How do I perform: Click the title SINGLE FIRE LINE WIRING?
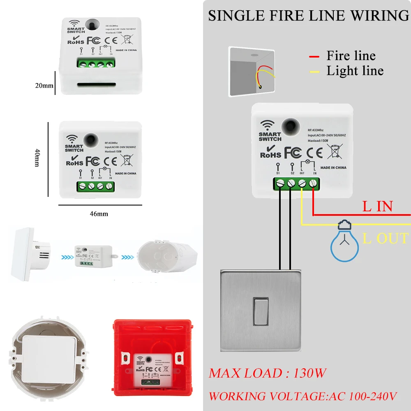coord(308,16)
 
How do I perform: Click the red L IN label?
coord(377,206)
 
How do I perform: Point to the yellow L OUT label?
coord(386,238)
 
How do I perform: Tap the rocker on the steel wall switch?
coord(261,311)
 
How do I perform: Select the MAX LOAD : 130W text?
coord(268,373)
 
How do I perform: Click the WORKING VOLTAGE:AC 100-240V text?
coord(303,396)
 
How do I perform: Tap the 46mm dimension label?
coord(99,213)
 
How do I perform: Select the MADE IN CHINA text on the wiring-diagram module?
coord(333,168)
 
